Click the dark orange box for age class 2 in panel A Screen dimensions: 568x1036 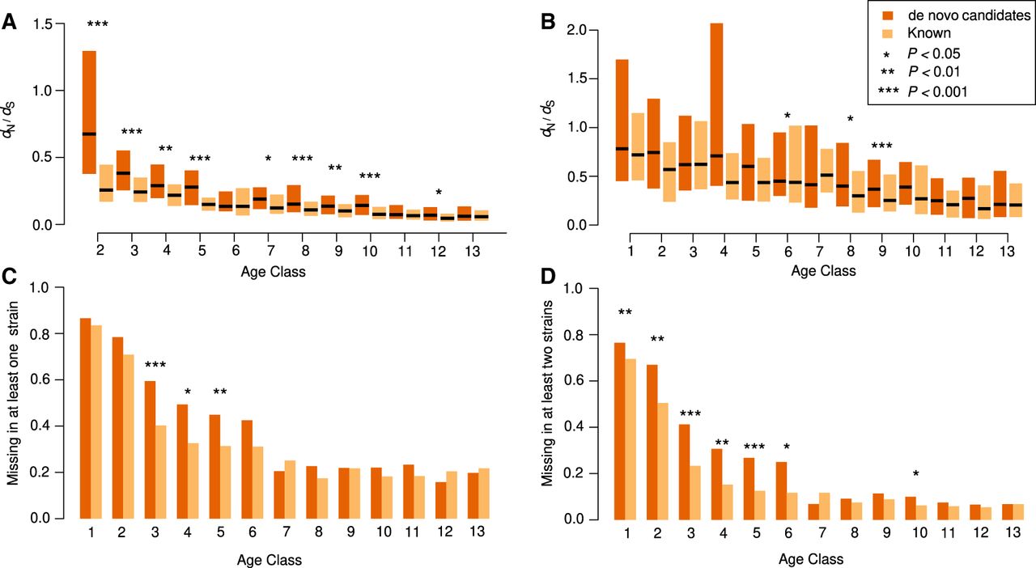pyautogui.click(x=89, y=112)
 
